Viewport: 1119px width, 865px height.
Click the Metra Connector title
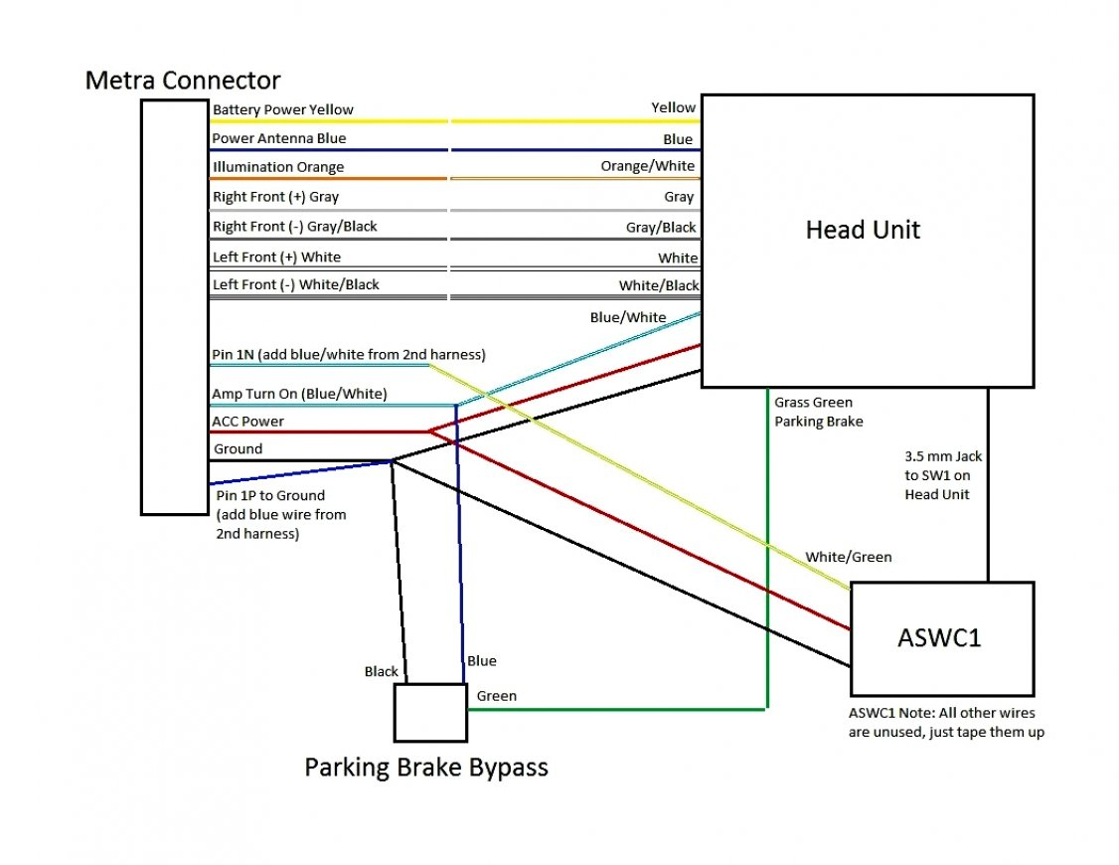pos(183,81)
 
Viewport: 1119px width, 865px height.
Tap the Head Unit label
pos(863,230)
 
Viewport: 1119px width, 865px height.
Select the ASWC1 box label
pos(939,637)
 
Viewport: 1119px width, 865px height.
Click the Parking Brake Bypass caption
pos(425,768)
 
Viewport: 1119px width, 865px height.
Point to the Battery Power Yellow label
pos(283,109)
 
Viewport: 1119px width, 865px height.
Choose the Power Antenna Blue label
pos(279,138)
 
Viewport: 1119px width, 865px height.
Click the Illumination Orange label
pos(278,167)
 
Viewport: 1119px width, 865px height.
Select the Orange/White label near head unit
pos(648,166)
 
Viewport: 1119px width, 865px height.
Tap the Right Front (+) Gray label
pos(275,197)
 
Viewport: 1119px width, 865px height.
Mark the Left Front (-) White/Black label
pos(296,285)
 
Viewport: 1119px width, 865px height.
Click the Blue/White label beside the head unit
pos(628,317)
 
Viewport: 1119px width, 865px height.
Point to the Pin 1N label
pos(349,355)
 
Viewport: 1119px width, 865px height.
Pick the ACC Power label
pos(247,422)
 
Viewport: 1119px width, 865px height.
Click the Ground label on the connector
pos(238,449)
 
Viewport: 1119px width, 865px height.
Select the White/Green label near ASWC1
pos(848,557)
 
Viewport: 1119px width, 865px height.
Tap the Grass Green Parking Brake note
pos(819,413)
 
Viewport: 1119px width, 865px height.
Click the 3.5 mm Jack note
pos(943,475)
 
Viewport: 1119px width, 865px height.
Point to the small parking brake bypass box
pos(430,712)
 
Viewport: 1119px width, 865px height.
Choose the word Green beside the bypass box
pos(496,696)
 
